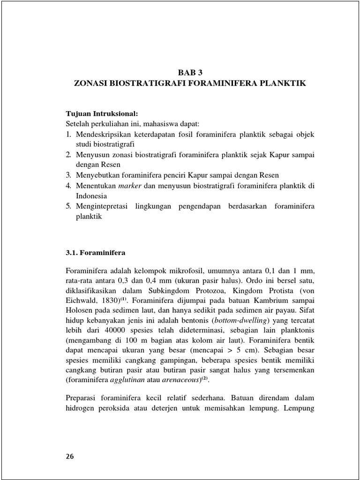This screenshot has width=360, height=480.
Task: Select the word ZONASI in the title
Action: (x=92, y=83)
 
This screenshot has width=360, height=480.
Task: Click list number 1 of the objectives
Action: (x=67, y=135)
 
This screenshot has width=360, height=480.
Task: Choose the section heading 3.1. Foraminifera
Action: (x=95, y=252)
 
